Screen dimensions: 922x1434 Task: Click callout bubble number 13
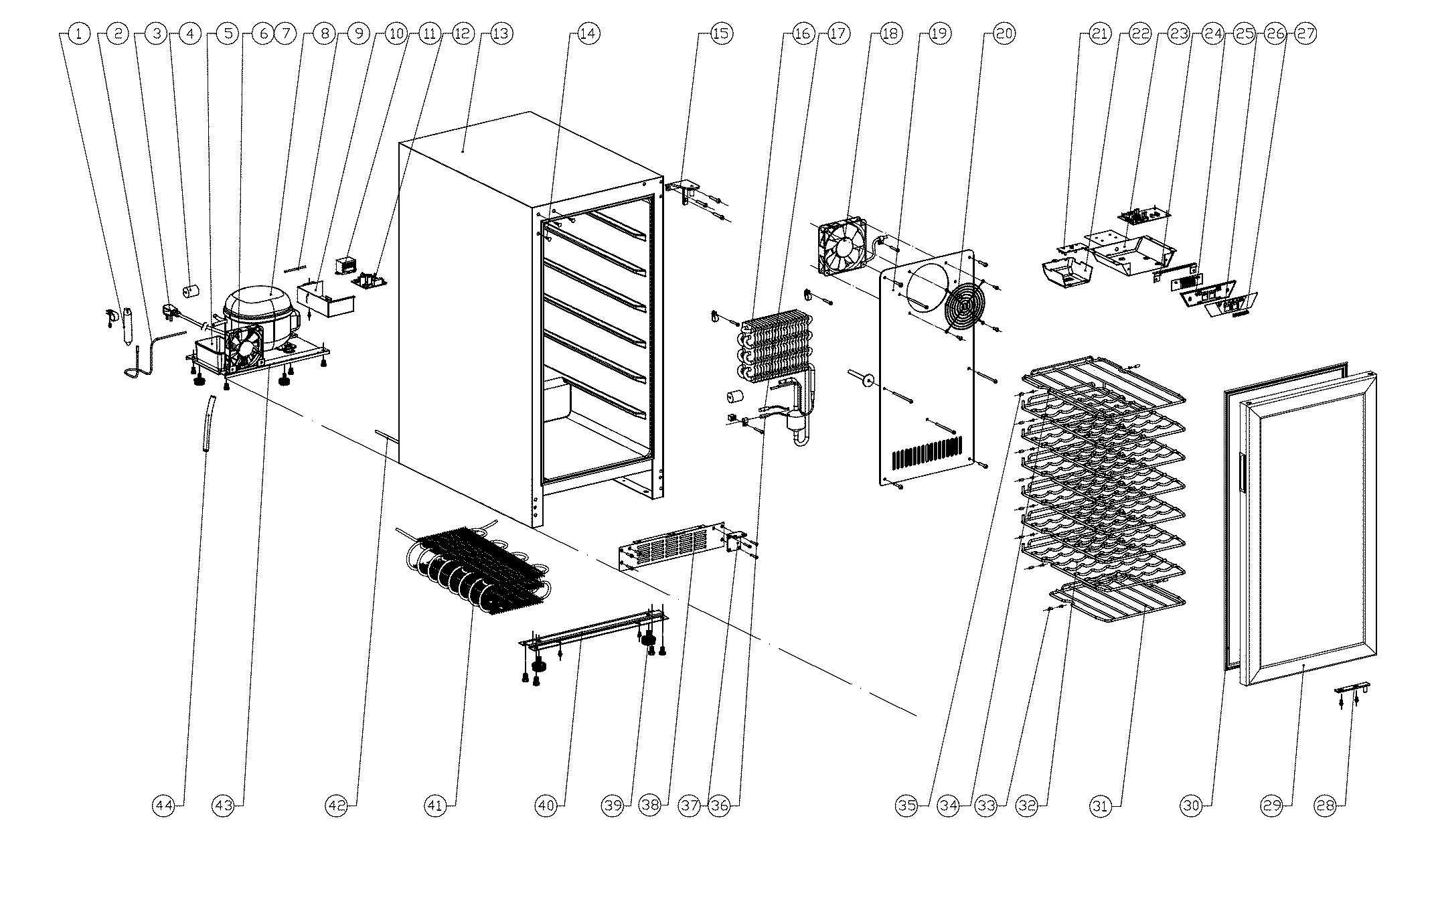501,33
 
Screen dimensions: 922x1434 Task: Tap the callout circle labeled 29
1271,806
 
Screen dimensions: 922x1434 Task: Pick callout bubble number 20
1004,33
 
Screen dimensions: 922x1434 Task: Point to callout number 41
436,806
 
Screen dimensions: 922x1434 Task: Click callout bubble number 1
79,33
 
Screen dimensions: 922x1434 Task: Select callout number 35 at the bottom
907,806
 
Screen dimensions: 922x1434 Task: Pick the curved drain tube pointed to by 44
209,424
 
